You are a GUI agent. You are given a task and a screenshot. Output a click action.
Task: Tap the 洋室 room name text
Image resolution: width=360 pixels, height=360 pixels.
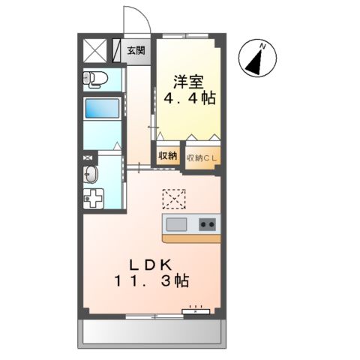coord(187,79)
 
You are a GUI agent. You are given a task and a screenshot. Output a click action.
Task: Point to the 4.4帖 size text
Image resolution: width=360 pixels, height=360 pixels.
coord(188,97)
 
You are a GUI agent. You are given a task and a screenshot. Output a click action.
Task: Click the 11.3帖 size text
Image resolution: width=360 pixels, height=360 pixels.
coord(151,281)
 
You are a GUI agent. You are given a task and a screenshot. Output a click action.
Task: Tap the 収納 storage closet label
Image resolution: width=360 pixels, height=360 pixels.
coord(168,156)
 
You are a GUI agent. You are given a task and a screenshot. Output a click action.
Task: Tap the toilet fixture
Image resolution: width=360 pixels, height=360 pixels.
coord(96,77)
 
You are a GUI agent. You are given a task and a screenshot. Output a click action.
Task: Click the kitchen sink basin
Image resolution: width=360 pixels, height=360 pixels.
coord(177,223)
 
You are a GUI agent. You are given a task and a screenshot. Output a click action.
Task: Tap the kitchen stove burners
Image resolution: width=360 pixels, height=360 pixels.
coord(207,223)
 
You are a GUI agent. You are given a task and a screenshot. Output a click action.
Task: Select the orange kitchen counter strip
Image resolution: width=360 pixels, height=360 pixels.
coord(191,238)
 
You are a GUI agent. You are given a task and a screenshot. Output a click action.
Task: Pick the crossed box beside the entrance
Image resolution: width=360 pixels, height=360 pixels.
coord(95,50)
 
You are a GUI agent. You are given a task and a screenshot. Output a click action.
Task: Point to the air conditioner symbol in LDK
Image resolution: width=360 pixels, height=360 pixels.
coord(197,309)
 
